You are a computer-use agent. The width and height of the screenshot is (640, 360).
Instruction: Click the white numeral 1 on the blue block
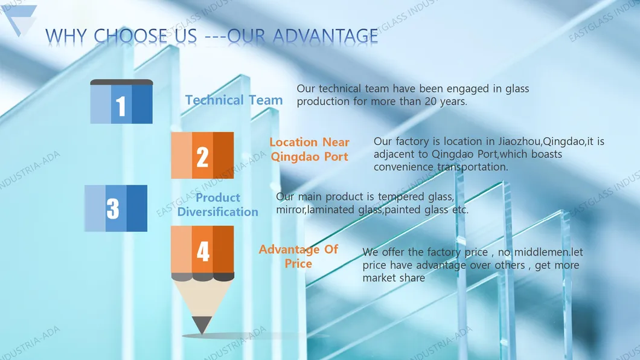[120, 106]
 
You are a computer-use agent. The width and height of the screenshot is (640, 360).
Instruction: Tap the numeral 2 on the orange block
[202, 157]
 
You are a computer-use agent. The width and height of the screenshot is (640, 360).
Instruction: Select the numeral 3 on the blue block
[113, 208]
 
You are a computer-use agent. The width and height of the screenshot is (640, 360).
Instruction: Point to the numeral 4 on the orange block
[203, 251]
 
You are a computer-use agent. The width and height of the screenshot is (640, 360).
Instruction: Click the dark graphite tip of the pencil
[202, 325]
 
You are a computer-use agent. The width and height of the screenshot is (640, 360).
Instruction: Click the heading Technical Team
[234, 100]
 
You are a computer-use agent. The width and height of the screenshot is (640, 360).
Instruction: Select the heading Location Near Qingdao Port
[309, 149]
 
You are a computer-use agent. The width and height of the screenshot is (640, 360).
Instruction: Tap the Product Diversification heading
[217, 205]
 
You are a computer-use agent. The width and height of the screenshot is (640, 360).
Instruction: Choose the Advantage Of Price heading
[298, 256]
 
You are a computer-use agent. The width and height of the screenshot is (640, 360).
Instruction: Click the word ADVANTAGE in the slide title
[325, 36]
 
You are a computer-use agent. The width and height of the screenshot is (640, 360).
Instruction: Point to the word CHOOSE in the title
[130, 36]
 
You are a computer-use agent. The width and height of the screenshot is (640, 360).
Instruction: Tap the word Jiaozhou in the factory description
[520, 141]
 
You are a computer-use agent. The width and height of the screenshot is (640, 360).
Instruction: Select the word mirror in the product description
[290, 210]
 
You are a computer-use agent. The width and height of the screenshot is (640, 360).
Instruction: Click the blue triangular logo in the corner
[19, 18]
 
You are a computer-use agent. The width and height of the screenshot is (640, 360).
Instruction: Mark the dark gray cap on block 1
[121, 82]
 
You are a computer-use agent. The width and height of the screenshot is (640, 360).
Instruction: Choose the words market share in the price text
[394, 278]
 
